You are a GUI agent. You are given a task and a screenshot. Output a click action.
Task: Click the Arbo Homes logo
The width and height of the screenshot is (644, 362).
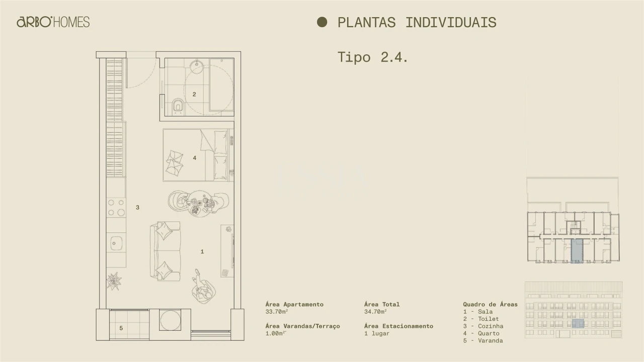point(53,22)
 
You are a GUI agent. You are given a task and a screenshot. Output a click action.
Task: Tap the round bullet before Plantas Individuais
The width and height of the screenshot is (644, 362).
point(322,22)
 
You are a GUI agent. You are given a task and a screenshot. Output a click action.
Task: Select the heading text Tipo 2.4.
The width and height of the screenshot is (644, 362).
point(372,57)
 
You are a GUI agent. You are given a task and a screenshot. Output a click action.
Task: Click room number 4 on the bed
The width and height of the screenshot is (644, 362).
point(195,158)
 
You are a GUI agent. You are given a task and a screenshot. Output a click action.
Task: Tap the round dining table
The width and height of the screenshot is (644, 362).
point(200,203)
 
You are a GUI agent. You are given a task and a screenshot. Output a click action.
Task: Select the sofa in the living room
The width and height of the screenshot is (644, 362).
point(165,251)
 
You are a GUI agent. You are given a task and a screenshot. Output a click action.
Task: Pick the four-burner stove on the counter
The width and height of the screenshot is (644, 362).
point(116,208)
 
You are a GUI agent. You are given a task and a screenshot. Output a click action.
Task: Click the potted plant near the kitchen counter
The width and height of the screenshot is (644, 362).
point(114,281)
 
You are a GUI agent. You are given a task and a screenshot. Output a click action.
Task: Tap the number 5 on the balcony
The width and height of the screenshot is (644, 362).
point(121,328)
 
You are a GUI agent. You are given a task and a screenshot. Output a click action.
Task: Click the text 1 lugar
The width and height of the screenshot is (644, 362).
point(377,333)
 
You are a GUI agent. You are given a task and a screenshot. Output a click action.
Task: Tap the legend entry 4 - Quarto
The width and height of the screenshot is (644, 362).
point(481,333)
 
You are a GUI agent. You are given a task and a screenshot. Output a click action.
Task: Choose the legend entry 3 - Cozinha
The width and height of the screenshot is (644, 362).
point(483,326)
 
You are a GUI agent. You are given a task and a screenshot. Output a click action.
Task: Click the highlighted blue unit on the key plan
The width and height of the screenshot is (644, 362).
point(577,250)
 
